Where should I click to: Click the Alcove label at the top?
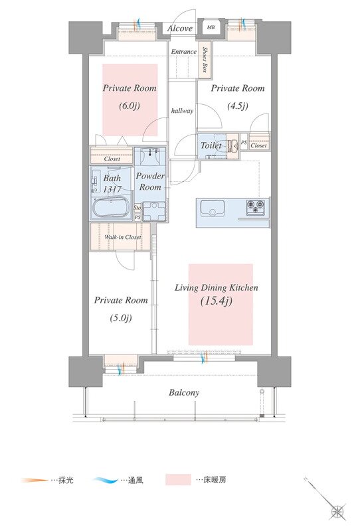179,29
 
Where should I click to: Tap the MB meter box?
211,27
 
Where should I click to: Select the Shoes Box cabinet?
205,60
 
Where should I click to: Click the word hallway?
182,111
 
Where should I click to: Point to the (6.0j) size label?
129,106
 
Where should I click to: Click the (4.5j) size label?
237,106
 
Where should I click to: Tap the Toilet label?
211,145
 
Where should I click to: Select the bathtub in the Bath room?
111,207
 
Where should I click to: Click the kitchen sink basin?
212,208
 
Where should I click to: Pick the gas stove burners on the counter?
255,207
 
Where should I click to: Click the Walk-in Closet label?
123,237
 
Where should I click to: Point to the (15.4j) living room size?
217,301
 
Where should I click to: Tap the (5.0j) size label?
121,318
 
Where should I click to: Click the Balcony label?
184,392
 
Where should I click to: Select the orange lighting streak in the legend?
35,480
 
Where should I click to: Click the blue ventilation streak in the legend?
106,480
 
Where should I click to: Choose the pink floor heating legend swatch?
178,479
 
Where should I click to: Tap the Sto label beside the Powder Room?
137,207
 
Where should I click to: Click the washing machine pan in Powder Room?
154,211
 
